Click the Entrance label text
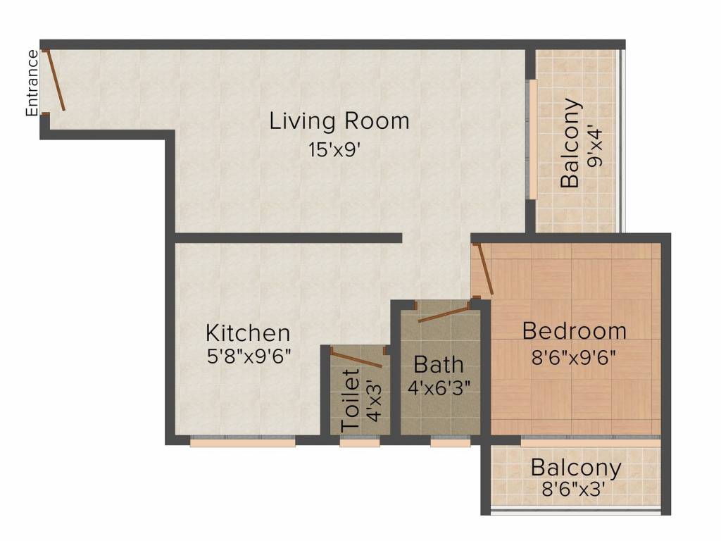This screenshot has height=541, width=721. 32,83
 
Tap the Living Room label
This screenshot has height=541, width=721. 339,121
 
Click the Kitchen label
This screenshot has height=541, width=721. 248,333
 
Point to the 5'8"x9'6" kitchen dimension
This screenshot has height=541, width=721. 249,356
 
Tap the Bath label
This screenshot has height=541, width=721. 439,365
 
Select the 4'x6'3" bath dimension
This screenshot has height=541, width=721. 439,388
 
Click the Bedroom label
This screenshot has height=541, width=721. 575,331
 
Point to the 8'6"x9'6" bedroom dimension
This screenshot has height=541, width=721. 573,357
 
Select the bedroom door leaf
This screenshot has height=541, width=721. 486,268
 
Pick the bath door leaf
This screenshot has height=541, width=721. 444,315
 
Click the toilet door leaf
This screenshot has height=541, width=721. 356,359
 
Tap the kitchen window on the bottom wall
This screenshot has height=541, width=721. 242,442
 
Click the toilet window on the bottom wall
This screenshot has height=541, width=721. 360,442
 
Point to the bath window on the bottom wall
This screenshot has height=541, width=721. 451,442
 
